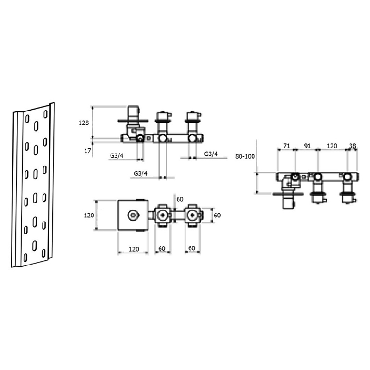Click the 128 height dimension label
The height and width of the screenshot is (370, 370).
click(84, 123)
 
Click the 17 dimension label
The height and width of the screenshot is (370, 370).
click(87, 151)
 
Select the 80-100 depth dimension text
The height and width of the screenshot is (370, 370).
click(245, 156)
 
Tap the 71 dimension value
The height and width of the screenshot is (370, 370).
click(286, 146)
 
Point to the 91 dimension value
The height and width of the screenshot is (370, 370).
click(307, 146)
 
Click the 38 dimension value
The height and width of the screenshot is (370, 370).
click(352, 146)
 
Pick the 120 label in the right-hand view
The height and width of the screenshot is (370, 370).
click(332, 146)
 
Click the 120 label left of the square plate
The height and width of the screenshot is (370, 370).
click(89, 215)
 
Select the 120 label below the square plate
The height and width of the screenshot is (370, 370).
click(134, 249)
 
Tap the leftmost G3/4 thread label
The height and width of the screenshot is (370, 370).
click(117, 156)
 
